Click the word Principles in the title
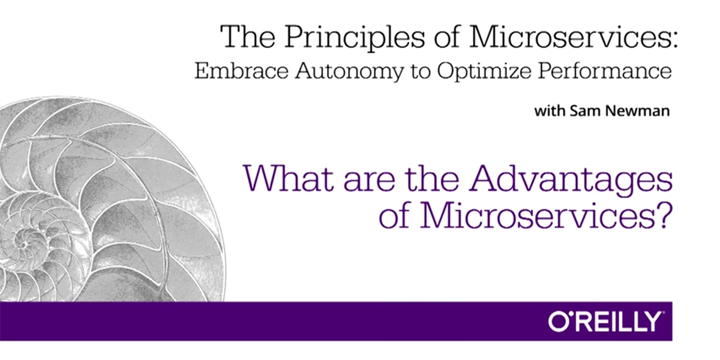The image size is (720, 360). pyautogui.click(x=355, y=38)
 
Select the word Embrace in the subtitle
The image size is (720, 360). pyautogui.click(x=241, y=71)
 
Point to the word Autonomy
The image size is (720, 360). pyautogui.click(x=349, y=72)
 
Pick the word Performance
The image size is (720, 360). pyautogui.click(x=605, y=71)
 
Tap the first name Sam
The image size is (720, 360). pyautogui.click(x=583, y=111)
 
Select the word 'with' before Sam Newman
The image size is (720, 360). pyautogui.click(x=550, y=111)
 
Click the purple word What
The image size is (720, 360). pyautogui.click(x=288, y=178)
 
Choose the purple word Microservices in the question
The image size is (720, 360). pyautogui.click(x=538, y=215)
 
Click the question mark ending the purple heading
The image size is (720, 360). pyautogui.click(x=664, y=215)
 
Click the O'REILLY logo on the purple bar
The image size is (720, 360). pyautogui.click(x=605, y=322)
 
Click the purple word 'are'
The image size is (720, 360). pyautogui.click(x=369, y=182)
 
